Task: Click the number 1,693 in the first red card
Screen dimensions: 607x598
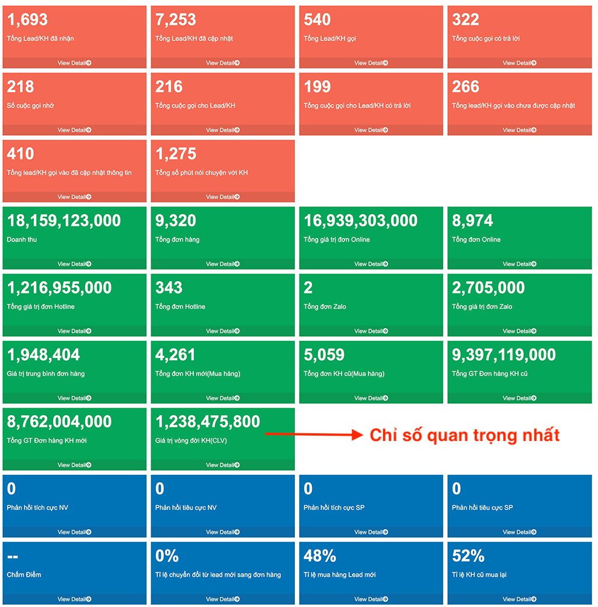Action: [27, 20]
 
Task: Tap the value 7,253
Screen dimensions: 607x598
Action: [176, 20]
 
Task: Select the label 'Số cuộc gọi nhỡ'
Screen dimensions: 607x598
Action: [30, 106]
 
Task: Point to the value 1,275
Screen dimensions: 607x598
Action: [176, 154]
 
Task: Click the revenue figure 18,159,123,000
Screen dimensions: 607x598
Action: [64, 220]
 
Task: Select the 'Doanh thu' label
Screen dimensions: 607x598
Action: [22, 240]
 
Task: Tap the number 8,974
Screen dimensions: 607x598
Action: [472, 220]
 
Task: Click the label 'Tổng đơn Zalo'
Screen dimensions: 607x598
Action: [325, 307]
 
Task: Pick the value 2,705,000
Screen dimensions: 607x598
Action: [488, 288]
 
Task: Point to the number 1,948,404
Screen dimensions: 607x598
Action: [44, 355]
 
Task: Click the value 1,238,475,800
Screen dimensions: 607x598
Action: [208, 422]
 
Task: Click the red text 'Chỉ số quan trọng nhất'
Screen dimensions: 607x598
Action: [465, 435]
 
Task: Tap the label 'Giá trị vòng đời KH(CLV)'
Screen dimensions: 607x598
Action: [191, 441]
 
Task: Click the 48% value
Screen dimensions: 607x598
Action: [320, 556]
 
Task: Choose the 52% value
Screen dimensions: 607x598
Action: [468, 556]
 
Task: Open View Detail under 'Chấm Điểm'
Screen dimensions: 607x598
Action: [74, 599]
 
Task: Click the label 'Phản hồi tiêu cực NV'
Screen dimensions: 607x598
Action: [186, 508]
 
